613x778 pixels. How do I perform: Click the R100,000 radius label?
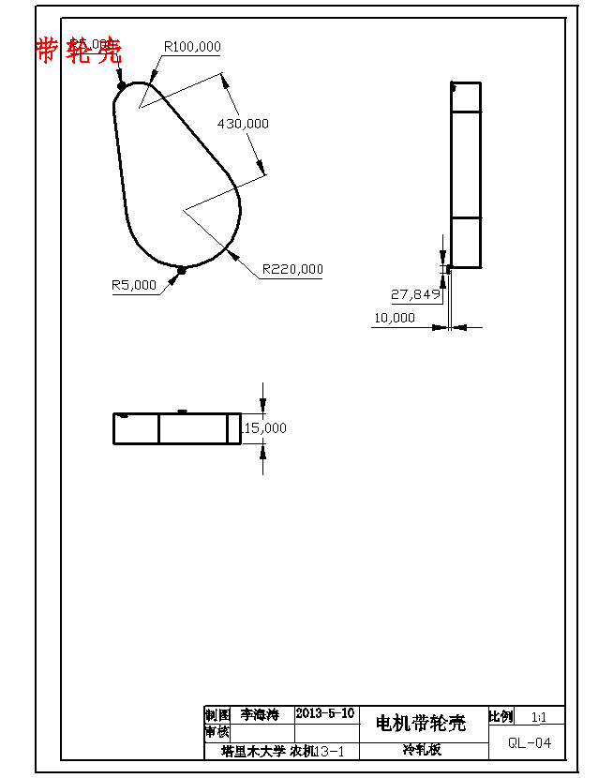[192, 46]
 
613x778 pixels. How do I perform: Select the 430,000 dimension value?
[243, 123]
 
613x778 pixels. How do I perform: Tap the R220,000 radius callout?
[292, 269]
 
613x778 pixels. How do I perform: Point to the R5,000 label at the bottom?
[134, 285]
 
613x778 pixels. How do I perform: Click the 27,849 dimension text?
[415, 294]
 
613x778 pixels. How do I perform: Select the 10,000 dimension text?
[394, 318]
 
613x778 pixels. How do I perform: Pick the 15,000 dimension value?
[265, 427]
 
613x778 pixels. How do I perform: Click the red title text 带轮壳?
[79, 51]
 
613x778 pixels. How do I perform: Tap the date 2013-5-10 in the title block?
[325, 713]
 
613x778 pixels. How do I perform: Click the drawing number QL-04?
[530, 743]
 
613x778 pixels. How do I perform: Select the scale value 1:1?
[539, 717]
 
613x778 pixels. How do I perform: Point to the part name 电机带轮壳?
[420, 723]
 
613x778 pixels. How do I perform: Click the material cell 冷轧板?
[422, 750]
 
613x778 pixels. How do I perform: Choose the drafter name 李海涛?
[260, 714]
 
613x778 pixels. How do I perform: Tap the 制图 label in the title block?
[217, 714]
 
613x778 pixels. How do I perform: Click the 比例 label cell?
[501, 717]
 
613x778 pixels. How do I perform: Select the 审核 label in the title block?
[217, 732]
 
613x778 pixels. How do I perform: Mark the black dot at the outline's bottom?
[182, 270]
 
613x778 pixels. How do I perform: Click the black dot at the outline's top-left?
[122, 85]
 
